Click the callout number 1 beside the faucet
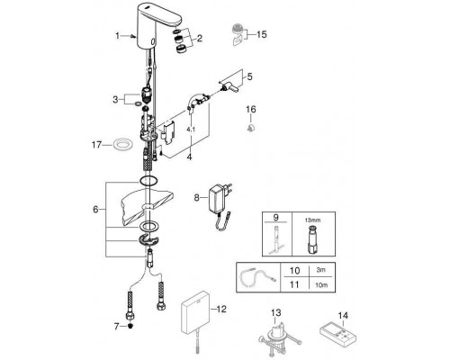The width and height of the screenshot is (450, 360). (118, 36)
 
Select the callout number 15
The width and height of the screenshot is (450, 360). (261, 34)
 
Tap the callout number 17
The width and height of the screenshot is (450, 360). (96, 145)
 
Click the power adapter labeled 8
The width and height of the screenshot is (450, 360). (221, 206)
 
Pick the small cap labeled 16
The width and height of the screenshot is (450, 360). (251, 128)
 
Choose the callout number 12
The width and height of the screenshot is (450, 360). (221, 309)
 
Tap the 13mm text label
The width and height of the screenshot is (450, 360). (312, 220)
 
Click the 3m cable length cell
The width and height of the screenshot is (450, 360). (320, 270)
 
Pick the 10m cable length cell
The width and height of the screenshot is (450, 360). (321, 284)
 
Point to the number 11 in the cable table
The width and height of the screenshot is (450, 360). (294, 284)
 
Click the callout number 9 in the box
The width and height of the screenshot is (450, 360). (276, 217)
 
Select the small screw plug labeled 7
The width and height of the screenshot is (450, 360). (130, 326)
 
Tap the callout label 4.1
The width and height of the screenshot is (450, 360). (191, 130)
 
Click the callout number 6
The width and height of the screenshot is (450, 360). (95, 210)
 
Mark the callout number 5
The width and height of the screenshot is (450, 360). (249, 76)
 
